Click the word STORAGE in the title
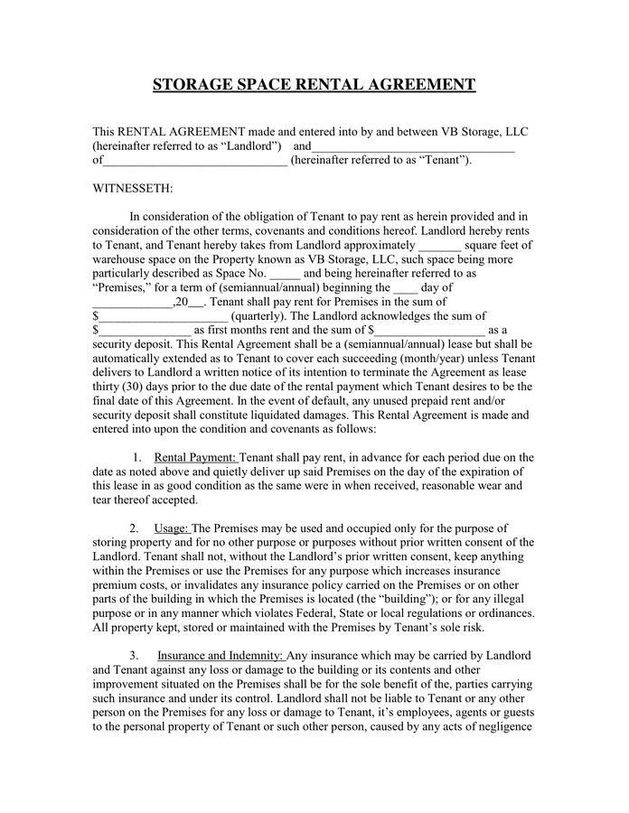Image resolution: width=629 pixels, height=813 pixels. pyautogui.click(x=200, y=85)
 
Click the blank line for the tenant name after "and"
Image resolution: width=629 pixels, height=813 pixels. pyautogui.click(x=414, y=147)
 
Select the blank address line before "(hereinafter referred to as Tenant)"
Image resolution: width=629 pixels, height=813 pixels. pyautogui.click(x=195, y=162)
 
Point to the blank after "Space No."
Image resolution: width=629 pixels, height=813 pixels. pyautogui.click(x=285, y=273)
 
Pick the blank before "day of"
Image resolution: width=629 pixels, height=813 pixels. pyautogui.click(x=406, y=287)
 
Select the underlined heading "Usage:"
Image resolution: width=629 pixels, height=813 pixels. pyautogui.click(x=172, y=528)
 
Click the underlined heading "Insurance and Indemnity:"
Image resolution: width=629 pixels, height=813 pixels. pyautogui.click(x=221, y=655)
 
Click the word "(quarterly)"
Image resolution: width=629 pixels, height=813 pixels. pyautogui.click(x=261, y=316)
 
